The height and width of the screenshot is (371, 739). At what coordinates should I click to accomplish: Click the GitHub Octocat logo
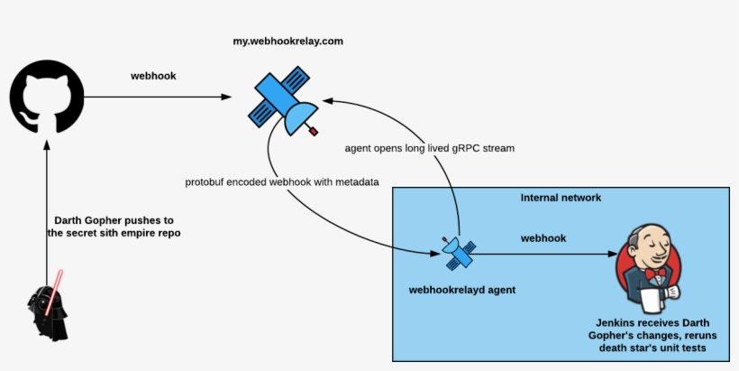[47, 97]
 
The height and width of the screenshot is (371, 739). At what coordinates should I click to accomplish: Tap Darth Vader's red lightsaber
[60, 278]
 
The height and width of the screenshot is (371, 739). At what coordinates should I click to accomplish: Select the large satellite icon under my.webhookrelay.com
[284, 101]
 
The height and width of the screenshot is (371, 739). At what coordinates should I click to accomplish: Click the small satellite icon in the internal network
[457, 254]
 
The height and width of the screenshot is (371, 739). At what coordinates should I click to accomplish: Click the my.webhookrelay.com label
[287, 42]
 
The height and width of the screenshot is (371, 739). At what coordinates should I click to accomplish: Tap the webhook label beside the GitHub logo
[153, 76]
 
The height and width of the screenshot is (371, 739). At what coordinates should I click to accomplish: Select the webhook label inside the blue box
[543, 238]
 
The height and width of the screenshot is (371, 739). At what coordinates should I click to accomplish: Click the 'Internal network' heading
[561, 198]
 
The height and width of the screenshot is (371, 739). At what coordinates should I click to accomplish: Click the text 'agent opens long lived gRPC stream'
[430, 147]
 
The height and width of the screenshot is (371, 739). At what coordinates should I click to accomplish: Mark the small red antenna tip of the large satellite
[315, 132]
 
